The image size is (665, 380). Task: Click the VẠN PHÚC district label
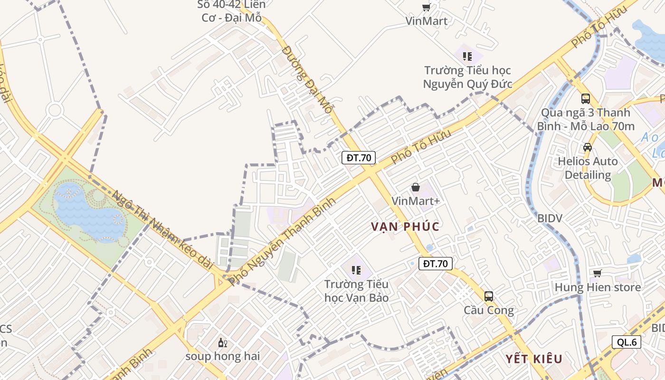(x=405, y=226)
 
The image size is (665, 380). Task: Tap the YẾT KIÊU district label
(x=533, y=359)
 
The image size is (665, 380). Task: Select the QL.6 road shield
(x=627, y=342)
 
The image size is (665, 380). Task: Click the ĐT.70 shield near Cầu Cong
(x=435, y=264)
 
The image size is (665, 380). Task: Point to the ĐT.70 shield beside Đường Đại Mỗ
(x=359, y=158)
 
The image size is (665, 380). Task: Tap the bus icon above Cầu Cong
(x=488, y=296)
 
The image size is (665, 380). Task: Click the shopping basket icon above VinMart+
(x=416, y=187)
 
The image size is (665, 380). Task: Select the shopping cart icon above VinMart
(x=426, y=7)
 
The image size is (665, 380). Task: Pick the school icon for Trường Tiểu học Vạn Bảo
(x=356, y=270)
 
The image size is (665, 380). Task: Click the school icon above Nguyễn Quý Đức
(x=467, y=57)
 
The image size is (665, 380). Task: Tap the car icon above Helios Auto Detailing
(x=588, y=147)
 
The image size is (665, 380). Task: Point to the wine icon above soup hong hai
(x=222, y=342)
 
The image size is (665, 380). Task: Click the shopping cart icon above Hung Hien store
(x=597, y=273)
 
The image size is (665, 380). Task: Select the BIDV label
(x=550, y=218)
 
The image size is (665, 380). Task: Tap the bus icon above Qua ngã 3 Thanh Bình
(x=586, y=99)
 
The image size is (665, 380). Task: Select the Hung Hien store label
(x=598, y=287)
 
